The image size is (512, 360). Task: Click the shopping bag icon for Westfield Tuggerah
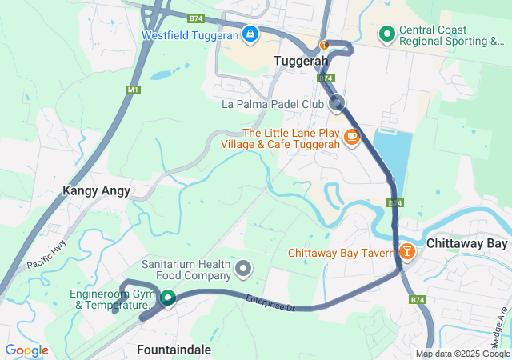[x=250, y=34]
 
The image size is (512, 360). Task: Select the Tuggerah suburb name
[x=301, y=61]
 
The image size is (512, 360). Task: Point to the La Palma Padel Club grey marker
[x=337, y=102]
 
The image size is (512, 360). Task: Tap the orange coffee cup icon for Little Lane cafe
[x=351, y=138]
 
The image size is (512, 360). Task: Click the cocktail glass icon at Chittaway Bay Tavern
[x=407, y=252]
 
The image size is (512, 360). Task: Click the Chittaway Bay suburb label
[x=466, y=243]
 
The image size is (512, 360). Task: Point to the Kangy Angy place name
[x=96, y=191]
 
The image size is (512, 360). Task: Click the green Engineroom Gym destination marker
[x=168, y=298]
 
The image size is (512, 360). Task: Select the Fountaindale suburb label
[x=174, y=350]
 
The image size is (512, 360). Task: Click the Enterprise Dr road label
[x=271, y=302]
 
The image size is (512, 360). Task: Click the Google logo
[x=26, y=350]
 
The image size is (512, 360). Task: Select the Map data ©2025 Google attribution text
[x=462, y=354]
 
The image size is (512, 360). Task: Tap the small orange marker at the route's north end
[x=324, y=45]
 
